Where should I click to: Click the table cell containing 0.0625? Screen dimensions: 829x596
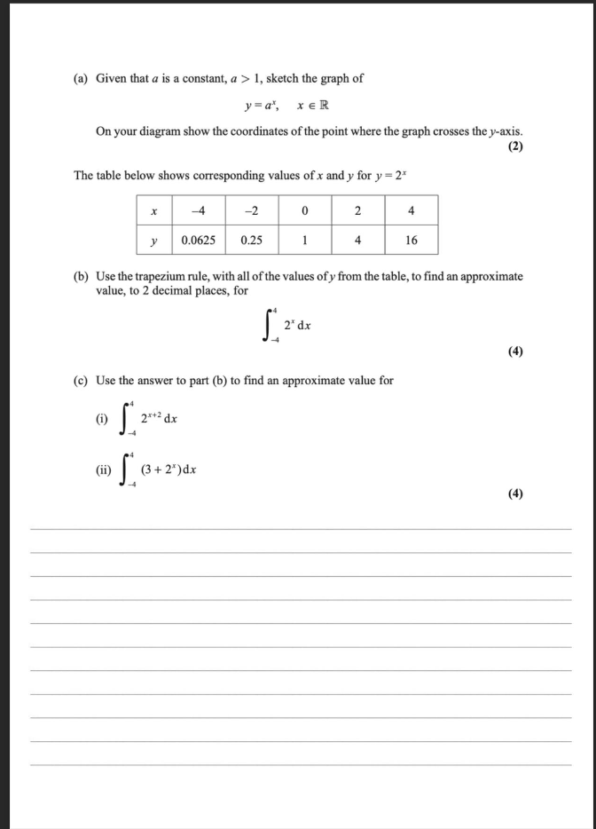coord(200,241)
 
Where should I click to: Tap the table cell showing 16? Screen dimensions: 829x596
coord(412,241)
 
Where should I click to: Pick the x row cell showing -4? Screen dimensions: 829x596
coord(200,211)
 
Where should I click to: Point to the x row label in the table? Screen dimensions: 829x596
coord(155,211)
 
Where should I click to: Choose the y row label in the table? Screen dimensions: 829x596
coord(155,241)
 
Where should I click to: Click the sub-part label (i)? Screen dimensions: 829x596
coord(101,418)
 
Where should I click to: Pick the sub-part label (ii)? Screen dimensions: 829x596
coord(102,470)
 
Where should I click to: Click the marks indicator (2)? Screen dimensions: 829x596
coord(515,147)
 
